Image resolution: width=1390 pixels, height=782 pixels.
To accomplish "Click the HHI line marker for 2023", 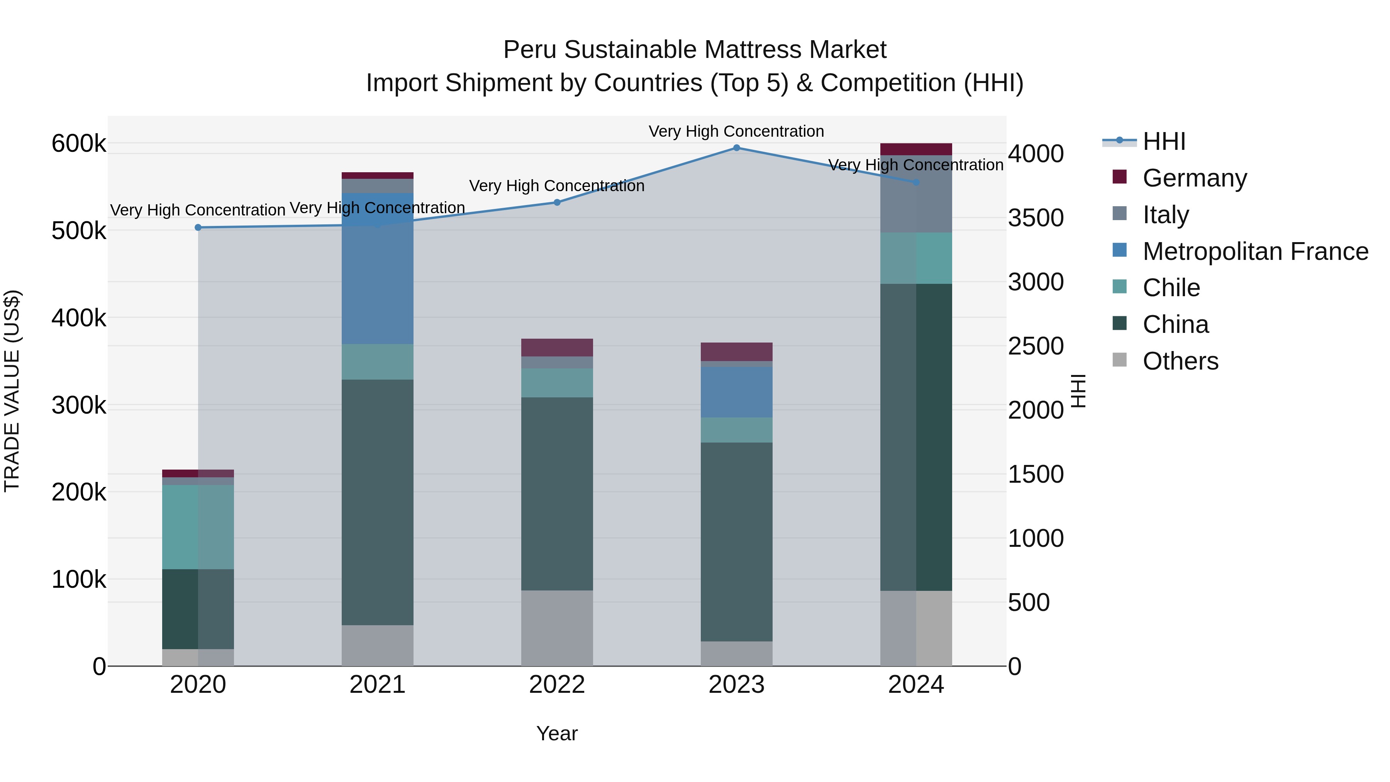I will click(x=737, y=148).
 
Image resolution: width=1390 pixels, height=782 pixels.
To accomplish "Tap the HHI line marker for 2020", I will click(x=198, y=228).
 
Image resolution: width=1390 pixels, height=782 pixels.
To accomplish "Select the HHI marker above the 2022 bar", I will click(x=557, y=202).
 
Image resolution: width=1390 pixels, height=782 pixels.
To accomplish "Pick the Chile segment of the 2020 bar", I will click(x=198, y=527).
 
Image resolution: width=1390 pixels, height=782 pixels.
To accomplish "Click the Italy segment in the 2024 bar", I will click(x=916, y=194).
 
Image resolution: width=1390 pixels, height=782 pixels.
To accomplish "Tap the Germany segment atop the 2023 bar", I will click(x=737, y=351).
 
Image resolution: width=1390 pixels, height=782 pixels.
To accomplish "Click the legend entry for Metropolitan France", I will click(x=1255, y=251).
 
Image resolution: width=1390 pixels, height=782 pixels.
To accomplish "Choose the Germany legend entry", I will click(x=1195, y=178).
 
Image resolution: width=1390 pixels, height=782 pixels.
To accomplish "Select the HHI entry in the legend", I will click(x=1164, y=141).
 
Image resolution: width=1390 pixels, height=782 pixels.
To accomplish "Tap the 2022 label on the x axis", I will click(x=557, y=685).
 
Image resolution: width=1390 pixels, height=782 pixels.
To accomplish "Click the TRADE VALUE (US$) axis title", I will click(x=12, y=391).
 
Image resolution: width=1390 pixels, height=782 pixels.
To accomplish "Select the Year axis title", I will click(x=557, y=733).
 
